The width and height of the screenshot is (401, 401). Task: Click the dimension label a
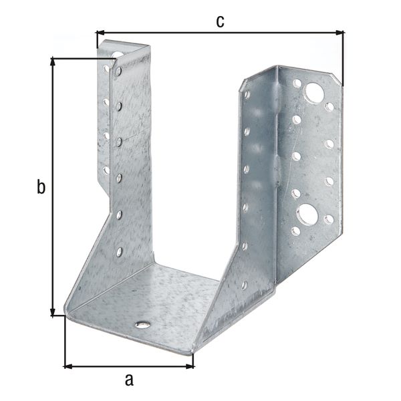coord(130,380)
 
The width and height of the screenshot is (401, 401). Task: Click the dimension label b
coord(41,188)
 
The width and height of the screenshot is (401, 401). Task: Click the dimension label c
coord(220,21)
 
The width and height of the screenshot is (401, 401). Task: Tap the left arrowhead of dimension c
coord(100,31)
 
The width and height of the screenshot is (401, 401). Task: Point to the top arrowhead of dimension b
coord(53,62)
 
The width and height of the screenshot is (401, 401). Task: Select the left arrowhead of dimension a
coord(68,366)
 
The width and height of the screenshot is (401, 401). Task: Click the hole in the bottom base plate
coord(142,325)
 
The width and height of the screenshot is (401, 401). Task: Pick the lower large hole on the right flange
coord(307,214)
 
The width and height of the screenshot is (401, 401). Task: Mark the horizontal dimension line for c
coord(220,31)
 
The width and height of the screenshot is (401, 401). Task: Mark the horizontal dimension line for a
coord(129,366)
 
